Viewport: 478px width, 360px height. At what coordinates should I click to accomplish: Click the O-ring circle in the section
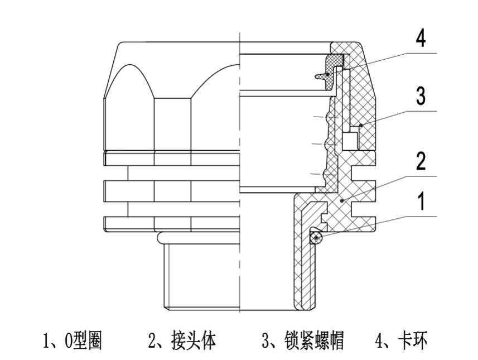pos(316,238)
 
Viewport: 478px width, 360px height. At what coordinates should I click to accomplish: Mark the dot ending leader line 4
pos(328,74)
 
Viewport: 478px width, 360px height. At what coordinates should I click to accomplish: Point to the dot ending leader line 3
pos(361,125)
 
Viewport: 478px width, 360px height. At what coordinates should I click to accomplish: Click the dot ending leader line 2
pos(342,199)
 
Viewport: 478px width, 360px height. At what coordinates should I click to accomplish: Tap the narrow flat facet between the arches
pos(172,123)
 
